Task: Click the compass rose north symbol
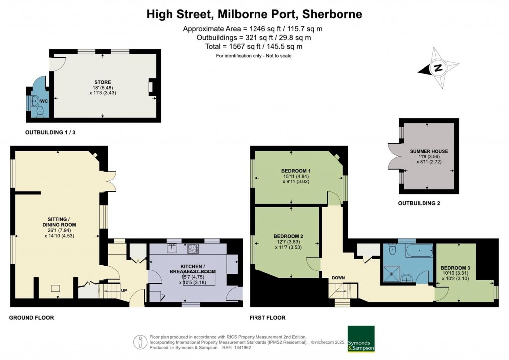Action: (x=438, y=68)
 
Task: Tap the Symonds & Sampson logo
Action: (x=361, y=339)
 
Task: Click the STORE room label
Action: (x=103, y=82)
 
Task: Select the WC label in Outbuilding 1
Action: (x=44, y=101)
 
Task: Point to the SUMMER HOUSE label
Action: (x=429, y=151)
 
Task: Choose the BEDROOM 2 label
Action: (x=288, y=236)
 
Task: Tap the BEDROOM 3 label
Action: (x=455, y=268)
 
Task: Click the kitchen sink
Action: (x=171, y=248)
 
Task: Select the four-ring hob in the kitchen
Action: (x=193, y=249)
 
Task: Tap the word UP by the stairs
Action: (x=124, y=291)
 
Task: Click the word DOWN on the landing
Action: (x=338, y=278)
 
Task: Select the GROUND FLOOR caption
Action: (x=31, y=318)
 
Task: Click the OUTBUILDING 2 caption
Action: (x=419, y=203)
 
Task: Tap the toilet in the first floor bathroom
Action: (x=393, y=249)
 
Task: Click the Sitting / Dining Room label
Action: (x=59, y=222)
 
